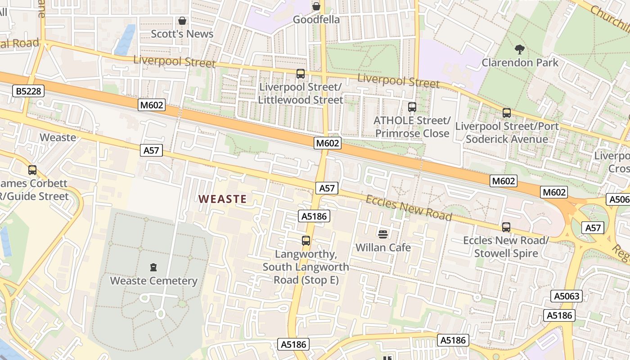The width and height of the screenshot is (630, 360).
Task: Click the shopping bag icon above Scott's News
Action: (x=182, y=21)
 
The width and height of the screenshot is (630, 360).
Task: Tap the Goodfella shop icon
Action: (x=316, y=6)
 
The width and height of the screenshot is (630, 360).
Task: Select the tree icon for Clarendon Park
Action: (x=520, y=49)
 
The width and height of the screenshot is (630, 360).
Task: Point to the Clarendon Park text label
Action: (x=520, y=63)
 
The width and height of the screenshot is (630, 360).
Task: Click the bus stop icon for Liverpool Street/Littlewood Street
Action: (x=301, y=74)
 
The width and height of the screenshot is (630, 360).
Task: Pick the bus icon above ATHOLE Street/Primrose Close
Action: (x=412, y=107)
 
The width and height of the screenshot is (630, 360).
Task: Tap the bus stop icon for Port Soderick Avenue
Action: (x=507, y=113)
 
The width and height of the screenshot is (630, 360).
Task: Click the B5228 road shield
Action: (x=28, y=91)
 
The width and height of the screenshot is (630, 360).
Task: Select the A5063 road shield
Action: (x=567, y=296)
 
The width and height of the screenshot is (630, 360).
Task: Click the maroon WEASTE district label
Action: (x=223, y=199)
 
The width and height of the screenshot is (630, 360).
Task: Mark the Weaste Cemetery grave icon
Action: (x=154, y=267)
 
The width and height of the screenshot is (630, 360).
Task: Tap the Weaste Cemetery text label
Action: (x=154, y=281)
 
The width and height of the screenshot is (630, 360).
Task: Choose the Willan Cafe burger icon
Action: (x=383, y=234)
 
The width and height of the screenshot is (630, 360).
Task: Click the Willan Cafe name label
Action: (x=383, y=247)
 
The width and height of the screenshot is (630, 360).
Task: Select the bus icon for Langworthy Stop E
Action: (x=306, y=241)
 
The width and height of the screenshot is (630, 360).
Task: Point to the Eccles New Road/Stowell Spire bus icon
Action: (x=506, y=227)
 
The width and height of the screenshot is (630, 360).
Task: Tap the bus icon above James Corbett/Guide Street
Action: (x=32, y=170)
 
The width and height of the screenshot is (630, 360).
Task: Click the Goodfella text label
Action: (x=316, y=20)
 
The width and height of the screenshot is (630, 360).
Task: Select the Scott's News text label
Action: (x=182, y=34)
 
